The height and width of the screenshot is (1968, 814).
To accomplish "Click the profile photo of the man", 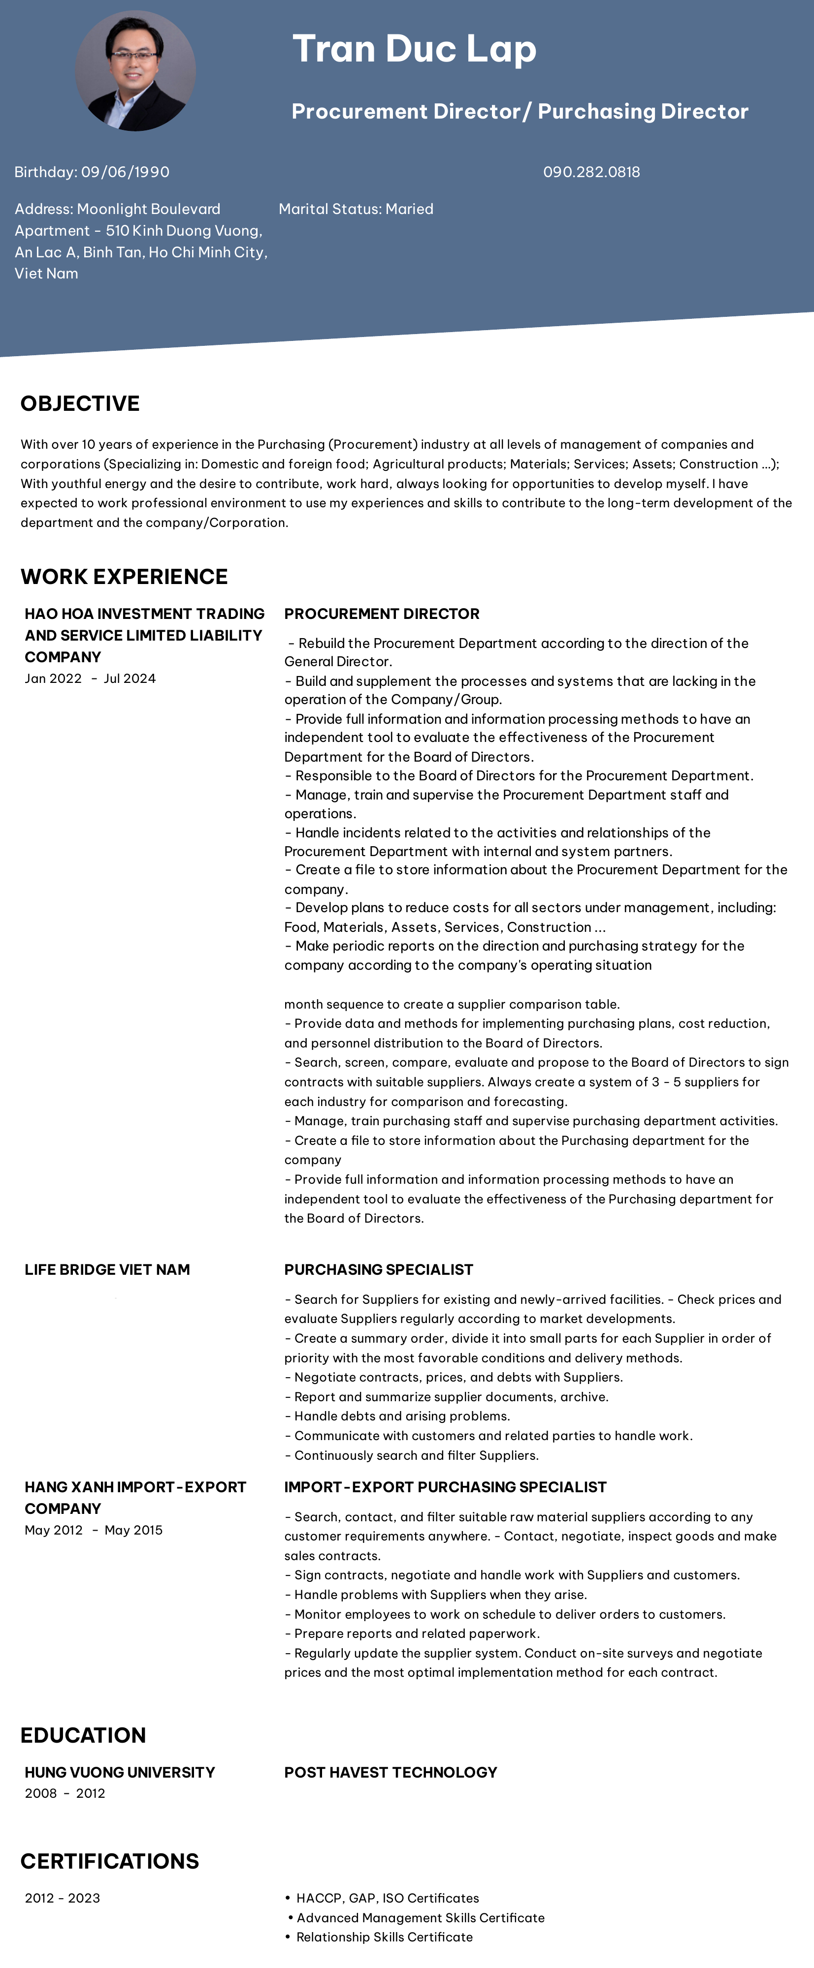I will tap(135, 70).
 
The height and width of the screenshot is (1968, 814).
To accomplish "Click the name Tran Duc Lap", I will tap(414, 49).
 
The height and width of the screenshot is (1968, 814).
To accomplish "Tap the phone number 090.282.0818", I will tap(591, 172).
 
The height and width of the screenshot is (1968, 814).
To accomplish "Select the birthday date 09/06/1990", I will tap(125, 172).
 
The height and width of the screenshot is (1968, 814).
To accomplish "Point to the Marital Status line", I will tap(356, 209).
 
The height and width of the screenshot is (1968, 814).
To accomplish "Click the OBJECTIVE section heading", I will tap(80, 403).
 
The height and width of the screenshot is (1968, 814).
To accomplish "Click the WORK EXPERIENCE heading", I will tap(124, 577).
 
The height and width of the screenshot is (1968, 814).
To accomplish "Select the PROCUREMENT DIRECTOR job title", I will tap(382, 614).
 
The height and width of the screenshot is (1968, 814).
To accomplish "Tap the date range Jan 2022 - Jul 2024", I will tap(90, 678).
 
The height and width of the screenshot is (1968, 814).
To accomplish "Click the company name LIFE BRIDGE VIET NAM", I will tap(107, 1269).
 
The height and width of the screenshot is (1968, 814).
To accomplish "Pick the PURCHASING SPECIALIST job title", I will tap(378, 1269).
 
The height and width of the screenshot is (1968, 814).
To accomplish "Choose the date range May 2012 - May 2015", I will tap(93, 1530).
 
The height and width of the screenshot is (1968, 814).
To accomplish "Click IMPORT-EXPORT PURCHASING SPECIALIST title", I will tap(445, 1487).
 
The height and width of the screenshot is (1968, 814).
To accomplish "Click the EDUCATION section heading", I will tap(83, 1735).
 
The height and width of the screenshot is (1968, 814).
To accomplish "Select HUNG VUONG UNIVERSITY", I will tap(119, 1772).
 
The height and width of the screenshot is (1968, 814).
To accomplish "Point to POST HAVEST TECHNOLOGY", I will tap(391, 1772).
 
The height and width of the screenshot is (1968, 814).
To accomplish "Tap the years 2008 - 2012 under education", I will tap(65, 1793).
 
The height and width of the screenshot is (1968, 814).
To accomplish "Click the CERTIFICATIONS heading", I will tap(109, 1861).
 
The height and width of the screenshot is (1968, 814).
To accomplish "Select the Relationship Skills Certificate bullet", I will tap(384, 1937).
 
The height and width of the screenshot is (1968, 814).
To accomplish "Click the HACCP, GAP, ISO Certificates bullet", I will tap(387, 1898).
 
